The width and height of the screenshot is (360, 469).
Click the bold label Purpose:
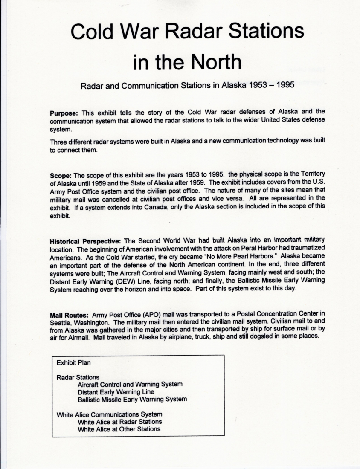pyautogui.click(x=64, y=113)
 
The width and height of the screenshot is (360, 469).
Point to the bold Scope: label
pyautogui.click(x=61, y=175)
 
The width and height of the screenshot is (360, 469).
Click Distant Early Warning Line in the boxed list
pyautogui.click(x=116, y=392)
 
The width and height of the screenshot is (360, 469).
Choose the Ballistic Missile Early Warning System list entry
pyautogui.click(x=132, y=400)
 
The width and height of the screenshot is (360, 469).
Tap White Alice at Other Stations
pyautogui.click(x=119, y=429)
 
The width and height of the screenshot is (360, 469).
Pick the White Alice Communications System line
pyautogui.click(x=109, y=414)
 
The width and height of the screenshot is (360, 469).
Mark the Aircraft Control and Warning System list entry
pyautogui.click(x=130, y=384)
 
